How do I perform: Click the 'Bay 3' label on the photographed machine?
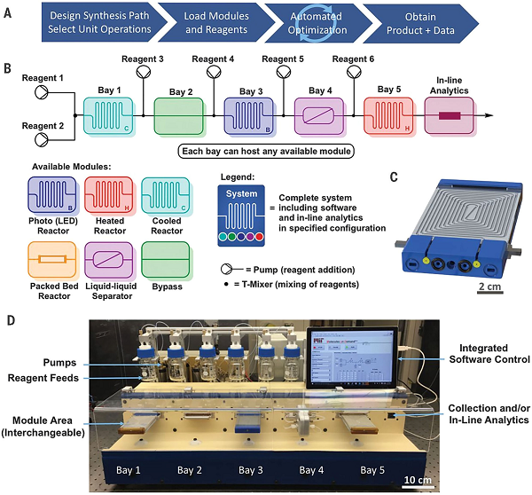[x=242, y=469]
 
